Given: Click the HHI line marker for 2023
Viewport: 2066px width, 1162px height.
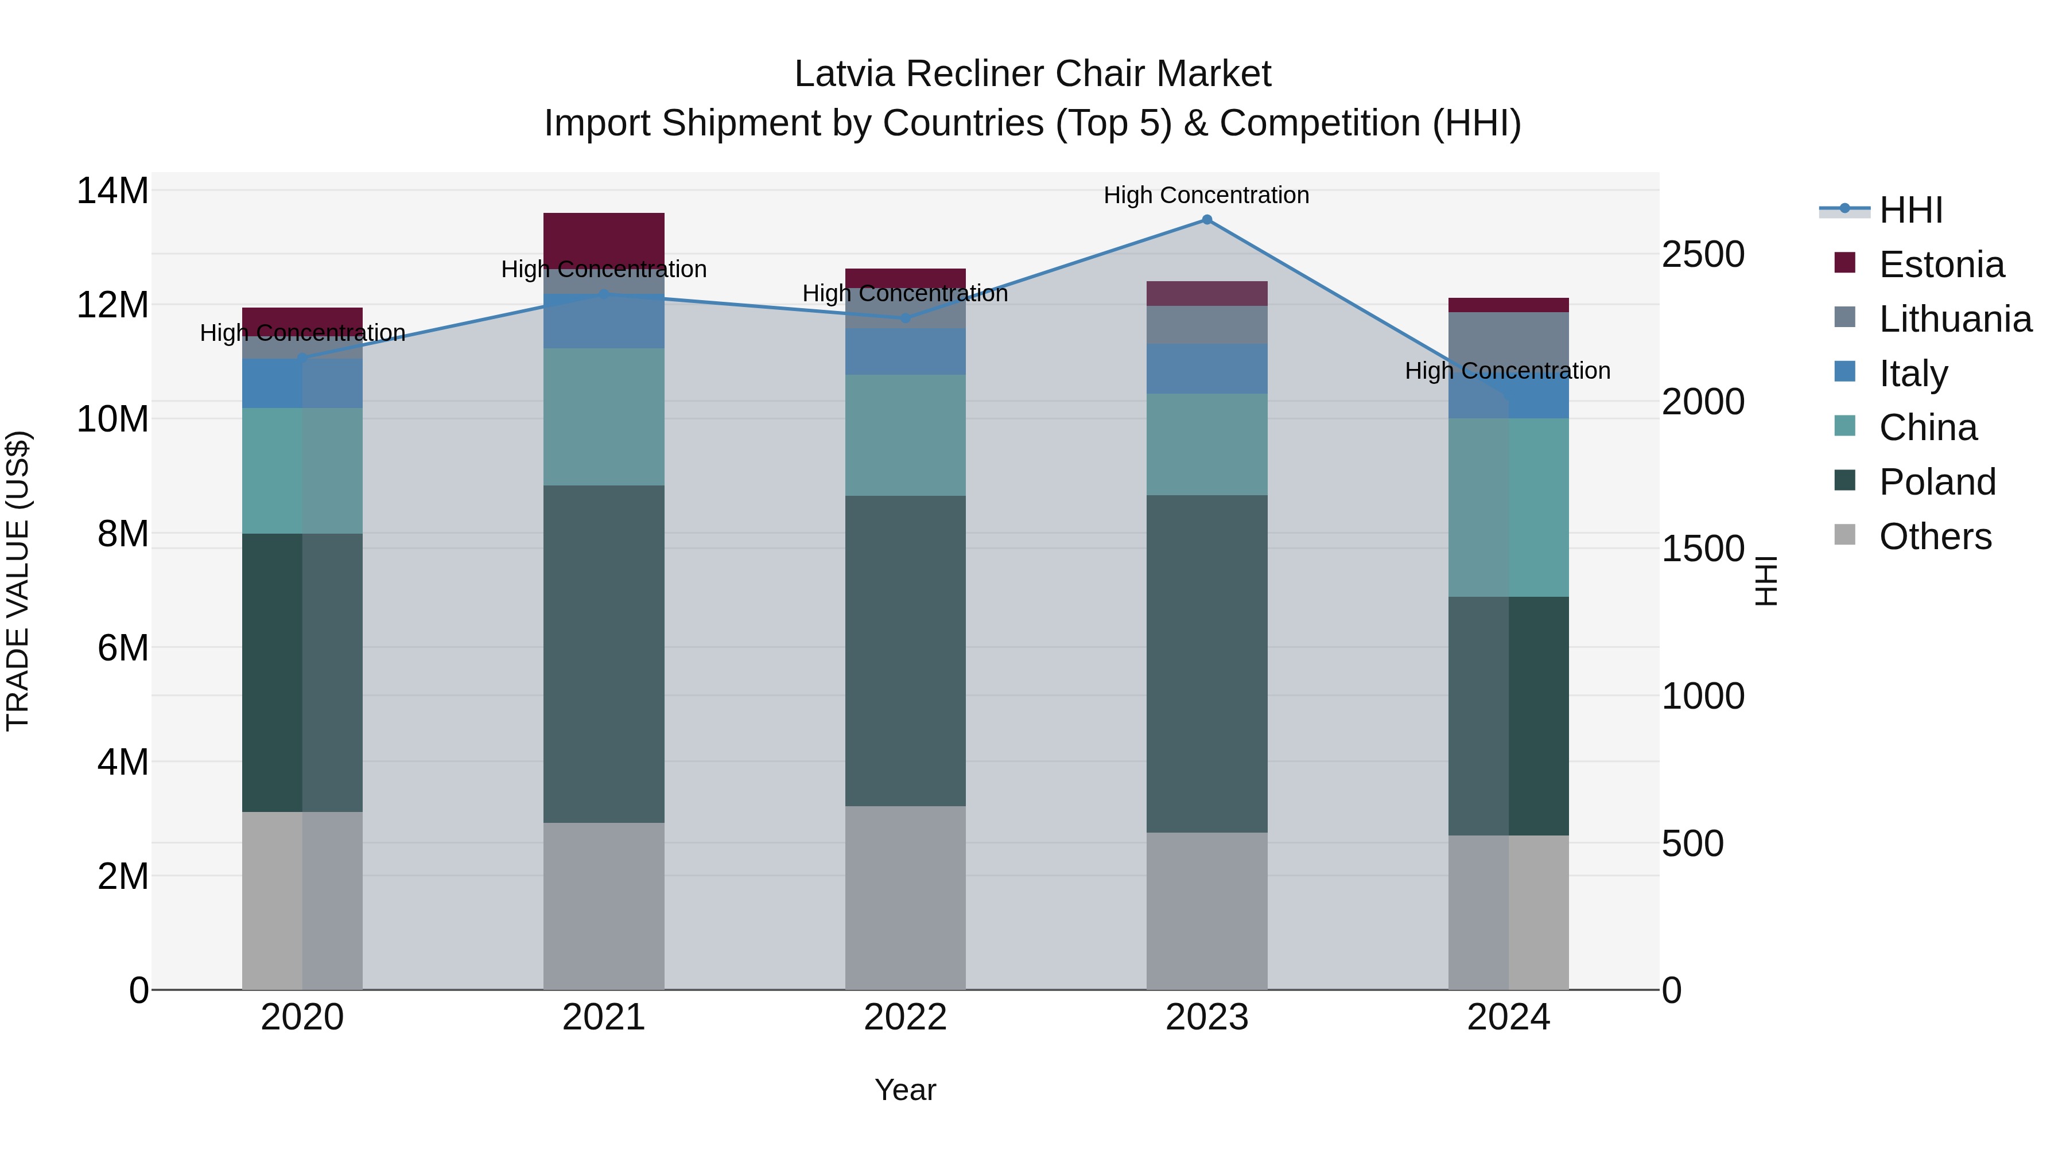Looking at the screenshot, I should click(x=1206, y=220).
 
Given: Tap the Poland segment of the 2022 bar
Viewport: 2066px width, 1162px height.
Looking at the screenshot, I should click(x=906, y=650).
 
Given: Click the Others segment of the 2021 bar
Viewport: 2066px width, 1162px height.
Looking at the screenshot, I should click(x=604, y=906).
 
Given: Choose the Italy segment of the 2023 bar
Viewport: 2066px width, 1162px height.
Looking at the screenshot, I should click(x=1206, y=369).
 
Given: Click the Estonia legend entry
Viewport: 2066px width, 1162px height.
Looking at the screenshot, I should click(x=1941, y=265).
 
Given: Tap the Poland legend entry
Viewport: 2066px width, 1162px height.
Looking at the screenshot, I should click(x=1937, y=482).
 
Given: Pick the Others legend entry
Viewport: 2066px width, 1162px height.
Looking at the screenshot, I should click(x=1935, y=537).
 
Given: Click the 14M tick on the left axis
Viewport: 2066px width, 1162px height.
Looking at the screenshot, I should click(x=112, y=191).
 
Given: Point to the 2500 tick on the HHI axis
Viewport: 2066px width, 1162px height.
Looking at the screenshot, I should click(x=1703, y=254).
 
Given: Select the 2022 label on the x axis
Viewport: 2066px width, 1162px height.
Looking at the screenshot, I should click(x=906, y=1017).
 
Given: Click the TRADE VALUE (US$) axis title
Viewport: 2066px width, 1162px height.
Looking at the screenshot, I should click(x=18, y=581).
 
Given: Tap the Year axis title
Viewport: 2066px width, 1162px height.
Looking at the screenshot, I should click(x=906, y=1090).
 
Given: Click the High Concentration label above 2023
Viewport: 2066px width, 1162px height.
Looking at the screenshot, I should click(x=1206, y=195).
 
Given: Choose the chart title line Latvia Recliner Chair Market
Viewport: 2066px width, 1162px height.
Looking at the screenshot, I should click(x=1032, y=74).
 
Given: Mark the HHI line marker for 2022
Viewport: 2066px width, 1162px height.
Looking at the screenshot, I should click(x=906, y=318).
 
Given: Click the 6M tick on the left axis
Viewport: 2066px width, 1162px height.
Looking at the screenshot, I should click(x=123, y=648).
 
